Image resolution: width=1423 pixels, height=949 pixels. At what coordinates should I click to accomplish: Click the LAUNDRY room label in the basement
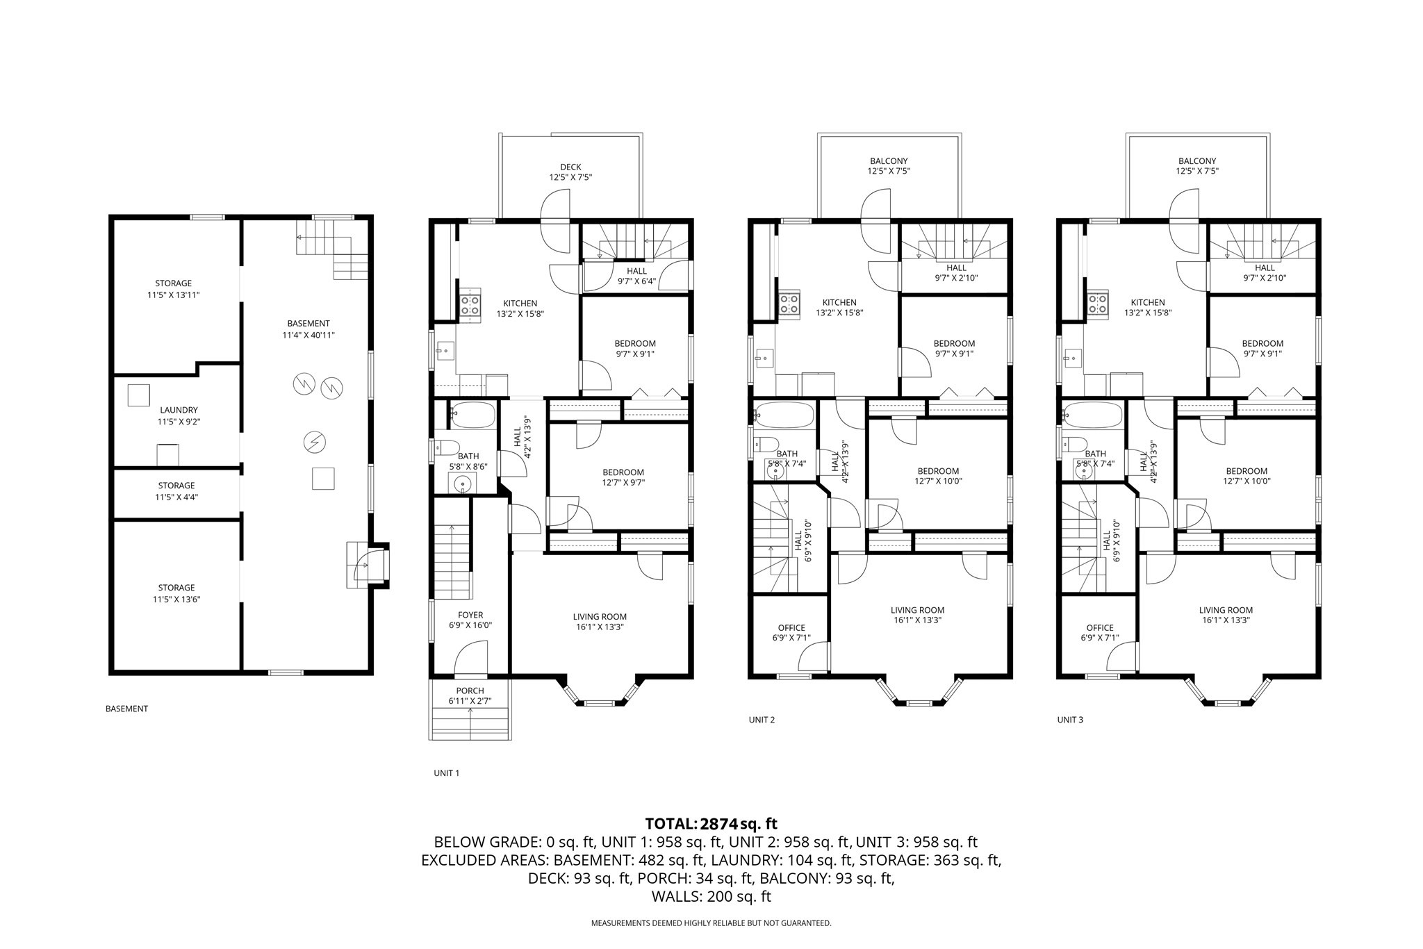coord(179,410)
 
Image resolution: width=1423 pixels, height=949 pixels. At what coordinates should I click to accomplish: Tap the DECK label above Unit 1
coord(570,167)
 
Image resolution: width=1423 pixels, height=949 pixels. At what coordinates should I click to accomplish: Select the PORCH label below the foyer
coord(470,691)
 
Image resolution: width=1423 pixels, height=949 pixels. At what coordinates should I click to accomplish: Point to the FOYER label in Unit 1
coord(470,615)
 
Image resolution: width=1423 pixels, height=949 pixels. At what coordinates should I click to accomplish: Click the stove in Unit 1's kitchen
coord(470,306)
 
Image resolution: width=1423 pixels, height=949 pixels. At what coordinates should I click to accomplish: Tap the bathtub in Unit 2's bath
coord(784,415)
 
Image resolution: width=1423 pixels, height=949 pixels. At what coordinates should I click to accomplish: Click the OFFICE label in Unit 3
coord(1100,627)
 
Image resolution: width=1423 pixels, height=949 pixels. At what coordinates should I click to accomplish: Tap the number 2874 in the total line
coord(718,824)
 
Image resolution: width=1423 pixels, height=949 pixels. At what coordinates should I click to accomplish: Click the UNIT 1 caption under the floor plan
coord(447,773)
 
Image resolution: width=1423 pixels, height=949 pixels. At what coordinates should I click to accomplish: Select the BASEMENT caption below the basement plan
coord(126,709)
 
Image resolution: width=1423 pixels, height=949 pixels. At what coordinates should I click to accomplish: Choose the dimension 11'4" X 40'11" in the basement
coord(309,335)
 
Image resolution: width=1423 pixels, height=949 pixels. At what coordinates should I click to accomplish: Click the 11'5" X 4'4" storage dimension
coord(176,497)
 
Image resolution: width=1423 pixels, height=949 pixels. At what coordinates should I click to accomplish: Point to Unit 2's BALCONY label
coord(888,161)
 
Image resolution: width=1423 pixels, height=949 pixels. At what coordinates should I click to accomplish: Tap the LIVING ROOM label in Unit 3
coord(1226,610)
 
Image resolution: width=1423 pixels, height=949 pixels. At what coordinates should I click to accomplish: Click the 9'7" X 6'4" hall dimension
coord(636,281)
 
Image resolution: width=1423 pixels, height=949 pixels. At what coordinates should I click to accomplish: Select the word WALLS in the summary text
coord(677,896)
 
